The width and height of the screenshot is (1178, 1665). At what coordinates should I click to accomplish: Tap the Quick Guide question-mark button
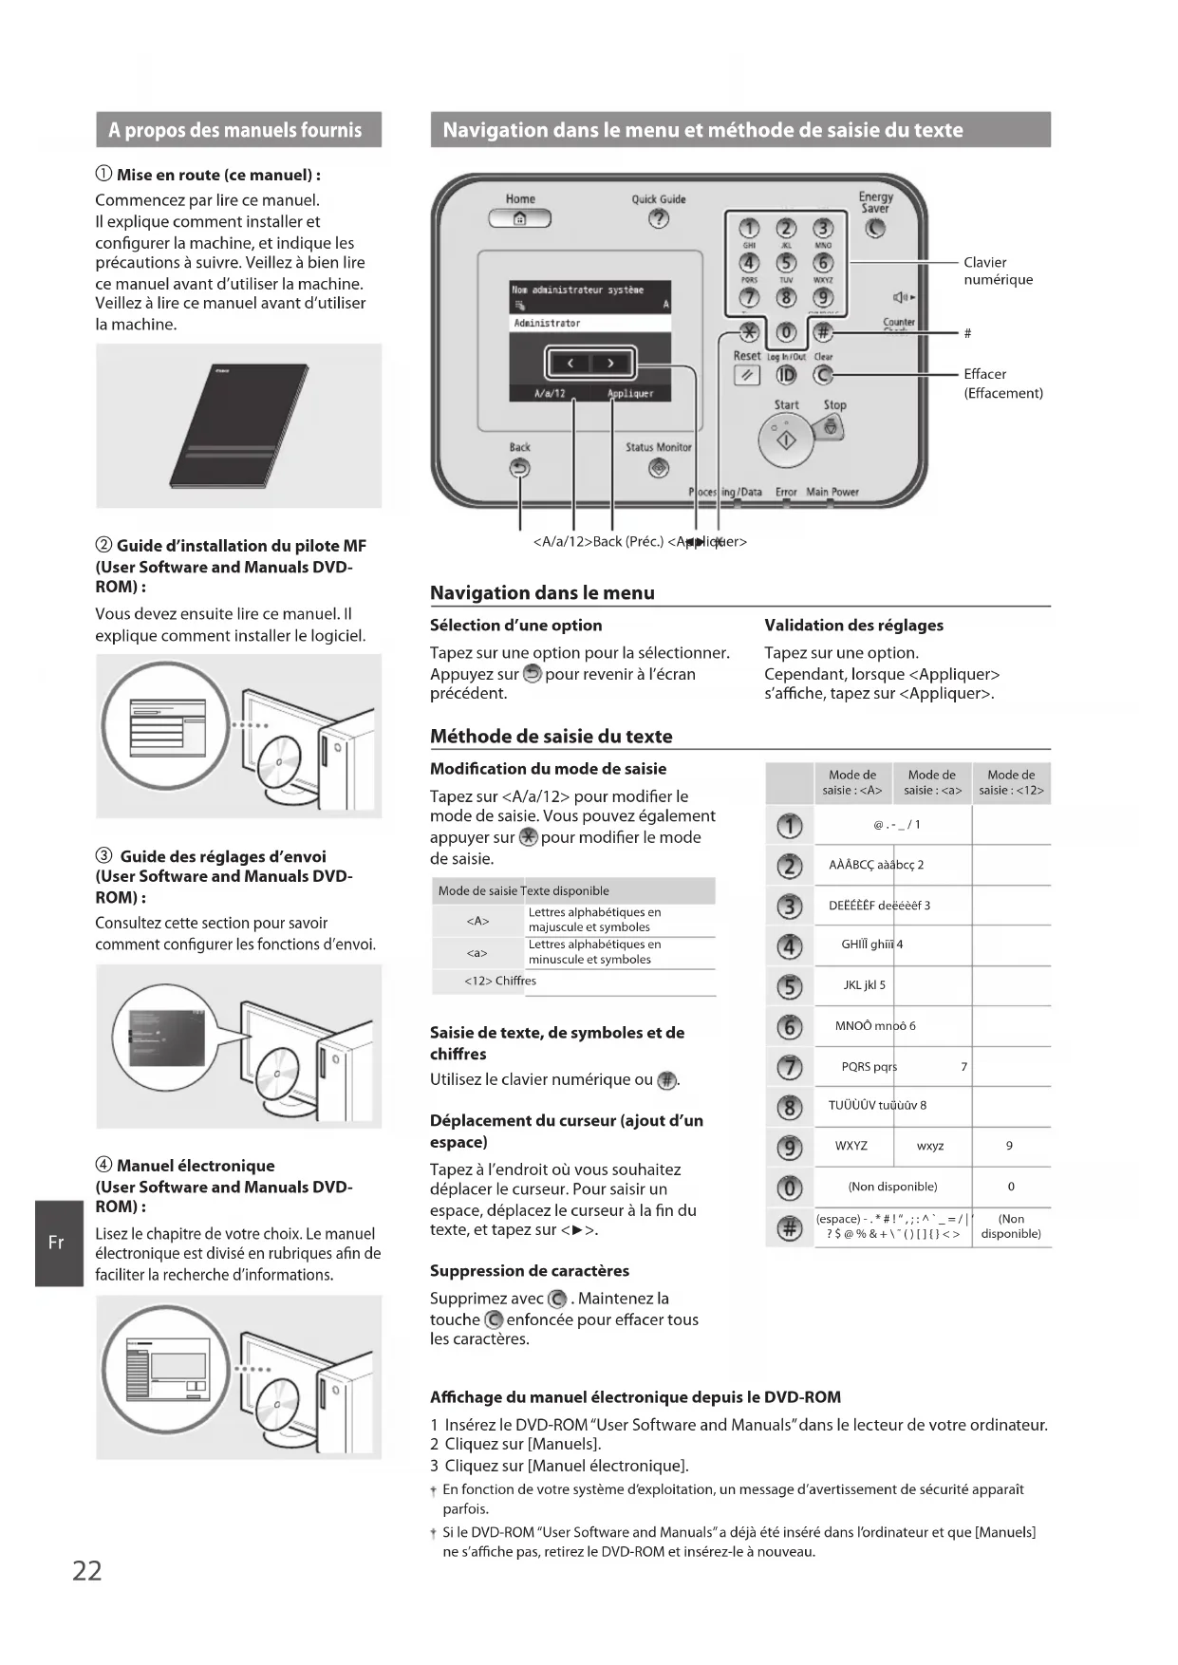pyautogui.click(x=658, y=219)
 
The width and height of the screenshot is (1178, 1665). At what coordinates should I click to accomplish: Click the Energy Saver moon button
pyautogui.click(x=875, y=229)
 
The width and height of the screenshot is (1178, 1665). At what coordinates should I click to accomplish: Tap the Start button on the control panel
pyautogui.click(x=786, y=440)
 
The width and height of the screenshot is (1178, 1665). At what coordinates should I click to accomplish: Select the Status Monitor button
pyautogui.click(x=658, y=468)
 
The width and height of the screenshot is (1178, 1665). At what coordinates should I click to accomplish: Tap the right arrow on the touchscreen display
pyautogui.click(x=610, y=363)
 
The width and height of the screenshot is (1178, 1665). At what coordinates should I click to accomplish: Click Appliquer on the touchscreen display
pyautogui.click(x=630, y=393)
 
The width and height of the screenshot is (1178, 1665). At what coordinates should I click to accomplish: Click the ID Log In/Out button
pyautogui.click(x=786, y=375)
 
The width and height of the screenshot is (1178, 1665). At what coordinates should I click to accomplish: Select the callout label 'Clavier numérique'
pyautogui.click(x=998, y=271)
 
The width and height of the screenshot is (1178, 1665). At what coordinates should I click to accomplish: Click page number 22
pyautogui.click(x=87, y=1571)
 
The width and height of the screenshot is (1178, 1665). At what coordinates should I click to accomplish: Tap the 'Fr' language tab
pyautogui.click(x=57, y=1243)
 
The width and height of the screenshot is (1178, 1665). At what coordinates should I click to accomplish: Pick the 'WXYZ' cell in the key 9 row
pyautogui.click(x=851, y=1146)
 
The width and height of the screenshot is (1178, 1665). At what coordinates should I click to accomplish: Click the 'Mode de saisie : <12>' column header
pyautogui.click(x=1011, y=782)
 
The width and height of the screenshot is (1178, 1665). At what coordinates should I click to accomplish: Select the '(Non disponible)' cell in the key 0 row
pyautogui.click(x=892, y=1187)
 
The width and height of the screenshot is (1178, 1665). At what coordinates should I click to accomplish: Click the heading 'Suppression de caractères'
pyautogui.click(x=529, y=1271)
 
